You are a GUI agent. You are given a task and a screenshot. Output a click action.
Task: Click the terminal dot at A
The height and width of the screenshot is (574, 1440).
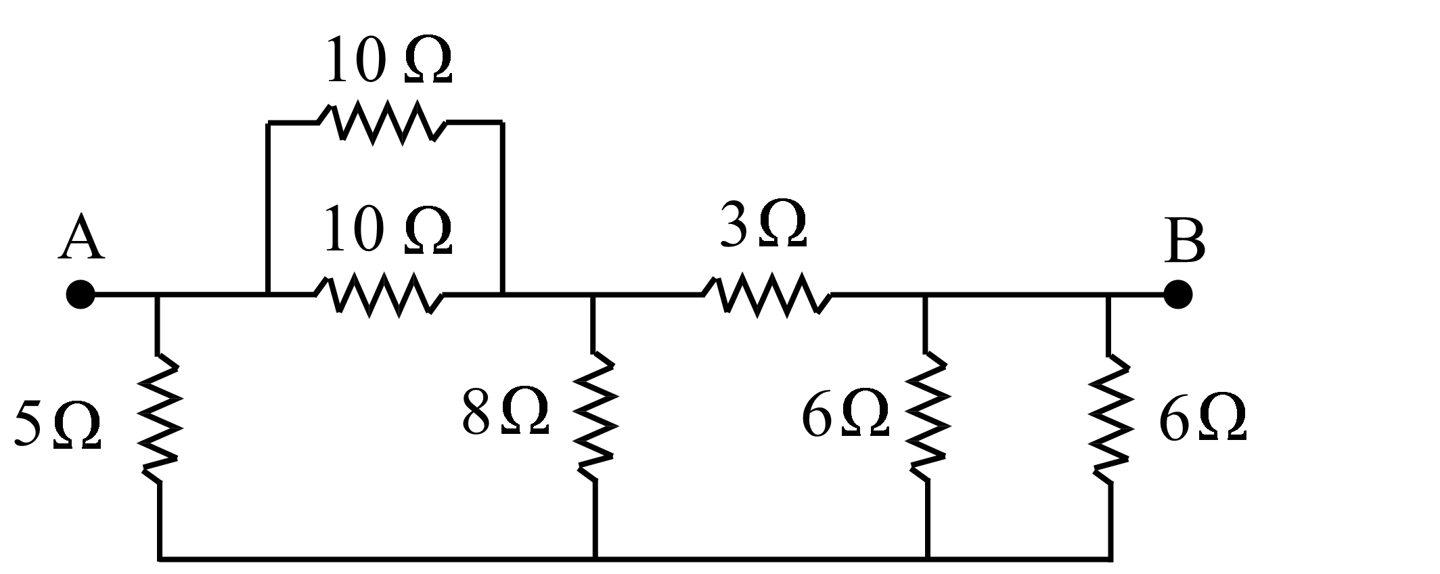[x=81, y=294]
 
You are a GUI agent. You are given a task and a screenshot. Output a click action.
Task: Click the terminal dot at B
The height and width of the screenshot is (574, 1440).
[x=1178, y=294]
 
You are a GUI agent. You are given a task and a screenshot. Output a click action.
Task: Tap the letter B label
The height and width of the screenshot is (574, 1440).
[x=1185, y=242]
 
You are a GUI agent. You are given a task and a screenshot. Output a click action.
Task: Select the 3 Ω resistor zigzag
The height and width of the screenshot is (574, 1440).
[x=767, y=295]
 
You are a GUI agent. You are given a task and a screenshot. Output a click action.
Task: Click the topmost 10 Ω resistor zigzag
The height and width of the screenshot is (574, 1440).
[x=383, y=123]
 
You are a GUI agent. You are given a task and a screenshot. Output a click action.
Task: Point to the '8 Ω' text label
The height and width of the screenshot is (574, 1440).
[x=505, y=413]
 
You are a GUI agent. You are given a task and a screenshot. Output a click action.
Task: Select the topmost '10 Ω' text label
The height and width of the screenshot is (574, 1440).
[x=388, y=61]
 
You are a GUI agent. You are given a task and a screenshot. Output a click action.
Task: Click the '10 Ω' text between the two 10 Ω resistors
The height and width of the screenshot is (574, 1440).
[x=387, y=231]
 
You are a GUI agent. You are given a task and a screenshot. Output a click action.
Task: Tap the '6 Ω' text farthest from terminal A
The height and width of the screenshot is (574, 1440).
[x=1202, y=420]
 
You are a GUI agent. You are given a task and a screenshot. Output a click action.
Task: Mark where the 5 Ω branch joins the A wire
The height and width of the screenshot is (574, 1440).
[x=158, y=295]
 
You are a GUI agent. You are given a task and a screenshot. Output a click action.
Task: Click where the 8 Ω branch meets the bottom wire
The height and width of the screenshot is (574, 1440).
[x=595, y=558]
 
